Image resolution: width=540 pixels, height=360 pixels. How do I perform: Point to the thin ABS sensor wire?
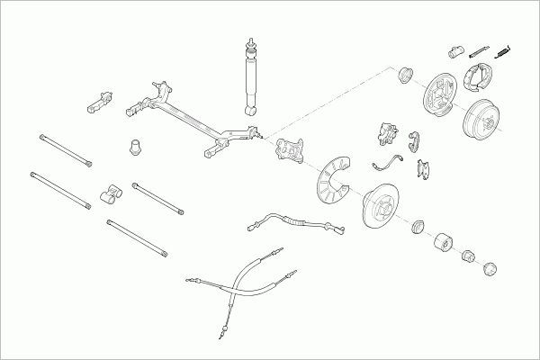tap(386, 162)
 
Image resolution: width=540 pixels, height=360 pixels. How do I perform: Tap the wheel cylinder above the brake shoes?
tap(454, 49)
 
